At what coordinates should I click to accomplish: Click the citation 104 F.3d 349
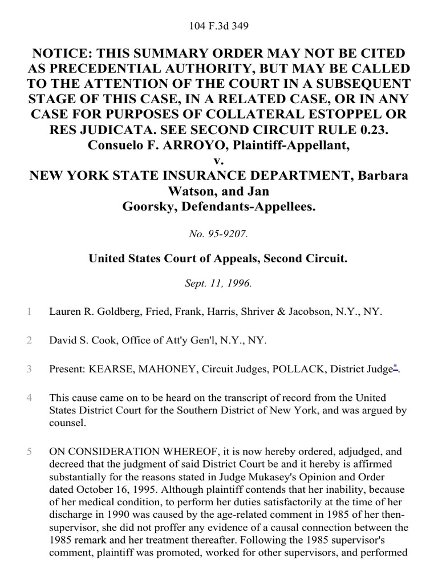tap(218, 26)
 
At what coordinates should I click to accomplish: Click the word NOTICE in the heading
tap(63, 54)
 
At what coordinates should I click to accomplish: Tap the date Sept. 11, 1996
tap(218, 283)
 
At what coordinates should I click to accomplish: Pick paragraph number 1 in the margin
tap(29, 311)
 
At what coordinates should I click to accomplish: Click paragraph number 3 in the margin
tap(29, 369)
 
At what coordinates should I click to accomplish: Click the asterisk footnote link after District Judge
tap(395, 368)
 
